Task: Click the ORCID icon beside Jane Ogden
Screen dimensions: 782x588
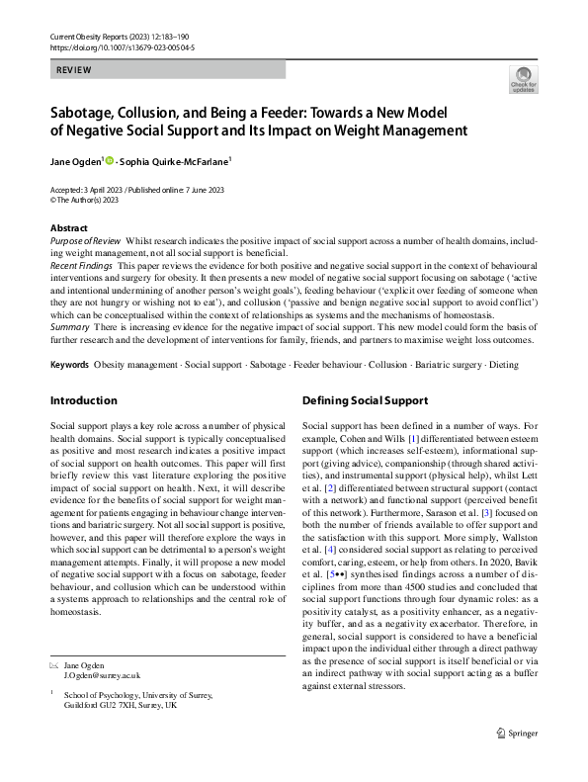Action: [x=110, y=158]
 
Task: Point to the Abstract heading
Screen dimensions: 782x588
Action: [x=68, y=228]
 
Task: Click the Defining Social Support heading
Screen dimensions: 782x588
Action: [x=364, y=401]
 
